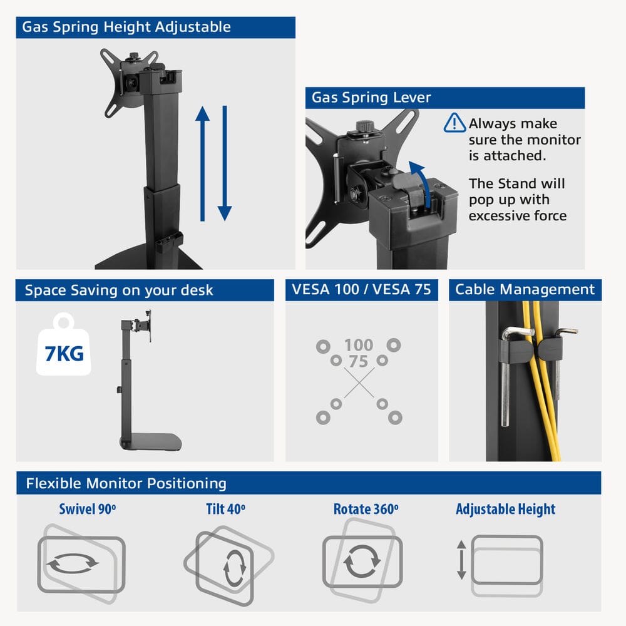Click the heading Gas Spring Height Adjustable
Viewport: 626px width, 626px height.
126,28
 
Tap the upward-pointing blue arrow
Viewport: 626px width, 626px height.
202,163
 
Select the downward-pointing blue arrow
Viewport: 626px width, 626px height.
225,163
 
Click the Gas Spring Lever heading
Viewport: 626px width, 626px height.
371,98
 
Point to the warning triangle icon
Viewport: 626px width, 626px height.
454,123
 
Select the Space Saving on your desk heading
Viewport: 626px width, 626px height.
119,290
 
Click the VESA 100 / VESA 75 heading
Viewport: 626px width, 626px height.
362,290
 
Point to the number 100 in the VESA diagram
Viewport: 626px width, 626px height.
358,345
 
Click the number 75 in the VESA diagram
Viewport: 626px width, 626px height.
358,362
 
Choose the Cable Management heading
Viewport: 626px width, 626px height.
525,290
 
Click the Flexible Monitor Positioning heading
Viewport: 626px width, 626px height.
126,483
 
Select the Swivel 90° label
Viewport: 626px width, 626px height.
88,509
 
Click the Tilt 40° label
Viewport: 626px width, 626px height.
225,509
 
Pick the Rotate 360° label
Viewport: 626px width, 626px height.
366,509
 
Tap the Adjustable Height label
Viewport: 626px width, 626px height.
505,509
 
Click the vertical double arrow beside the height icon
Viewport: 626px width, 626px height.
461,560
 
